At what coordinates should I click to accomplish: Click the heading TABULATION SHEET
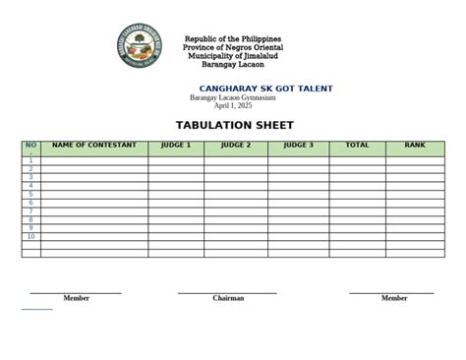pos(234,126)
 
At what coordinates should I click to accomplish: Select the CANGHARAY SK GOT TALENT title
pos(265,89)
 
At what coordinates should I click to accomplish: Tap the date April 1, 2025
pos(233,105)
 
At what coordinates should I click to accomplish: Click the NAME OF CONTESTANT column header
pos(94,146)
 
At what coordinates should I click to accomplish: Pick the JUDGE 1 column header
pos(176,146)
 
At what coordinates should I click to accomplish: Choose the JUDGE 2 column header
pos(236,146)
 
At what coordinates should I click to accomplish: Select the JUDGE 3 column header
pos(298,146)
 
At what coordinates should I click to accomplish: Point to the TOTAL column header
pos(357,146)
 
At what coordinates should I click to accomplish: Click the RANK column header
pos(415,146)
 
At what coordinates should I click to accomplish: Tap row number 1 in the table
pos(30,160)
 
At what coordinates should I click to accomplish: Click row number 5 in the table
pos(30,195)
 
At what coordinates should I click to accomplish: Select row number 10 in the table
pos(30,237)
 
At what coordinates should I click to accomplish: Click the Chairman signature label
pos(228,298)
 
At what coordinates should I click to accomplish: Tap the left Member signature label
pos(76,298)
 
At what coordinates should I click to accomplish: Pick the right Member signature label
pos(394,298)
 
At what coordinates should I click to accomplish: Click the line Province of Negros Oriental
pos(233,47)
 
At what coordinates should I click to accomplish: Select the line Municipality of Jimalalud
pos(233,56)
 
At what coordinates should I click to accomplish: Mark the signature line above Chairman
pos(227,292)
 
